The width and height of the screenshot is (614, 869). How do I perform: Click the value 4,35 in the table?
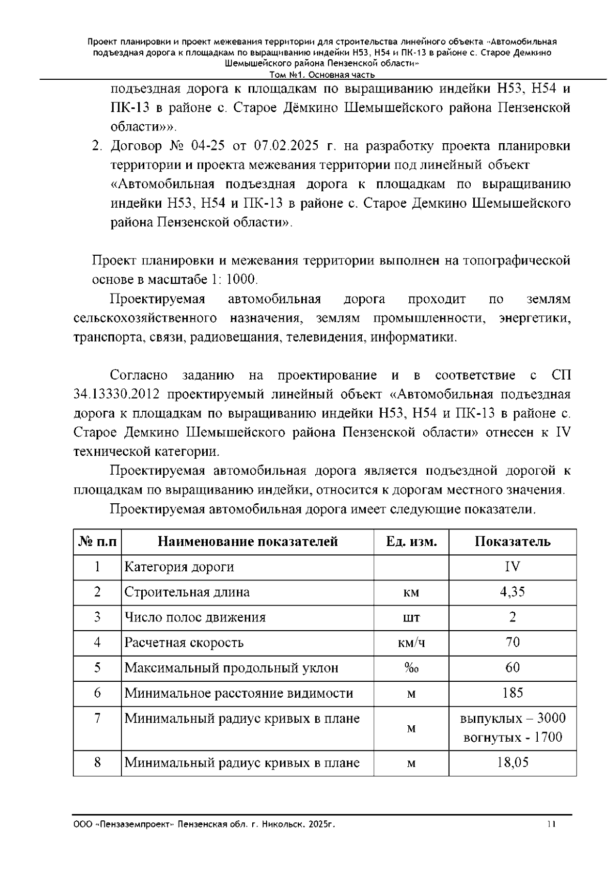[x=512, y=592]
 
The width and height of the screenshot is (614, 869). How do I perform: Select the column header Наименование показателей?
[x=247, y=542]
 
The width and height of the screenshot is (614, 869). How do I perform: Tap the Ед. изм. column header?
[x=411, y=542]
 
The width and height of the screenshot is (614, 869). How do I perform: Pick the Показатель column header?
[x=512, y=542]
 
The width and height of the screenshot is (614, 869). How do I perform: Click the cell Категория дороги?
[x=180, y=567]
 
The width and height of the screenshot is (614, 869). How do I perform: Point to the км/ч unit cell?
[x=411, y=643]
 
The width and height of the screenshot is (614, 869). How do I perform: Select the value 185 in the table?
[x=512, y=693]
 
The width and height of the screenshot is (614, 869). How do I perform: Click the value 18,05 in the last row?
[x=512, y=763]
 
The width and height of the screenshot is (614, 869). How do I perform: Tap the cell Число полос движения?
[x=195, y=617]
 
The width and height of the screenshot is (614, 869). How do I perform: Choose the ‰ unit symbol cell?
[x=411, y=668]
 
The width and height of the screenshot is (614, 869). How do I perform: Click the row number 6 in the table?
[x=97, y=693]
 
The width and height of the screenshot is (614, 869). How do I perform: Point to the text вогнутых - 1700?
[x=512, y=737]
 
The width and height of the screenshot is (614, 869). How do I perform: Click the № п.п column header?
[x=97, y=542]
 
